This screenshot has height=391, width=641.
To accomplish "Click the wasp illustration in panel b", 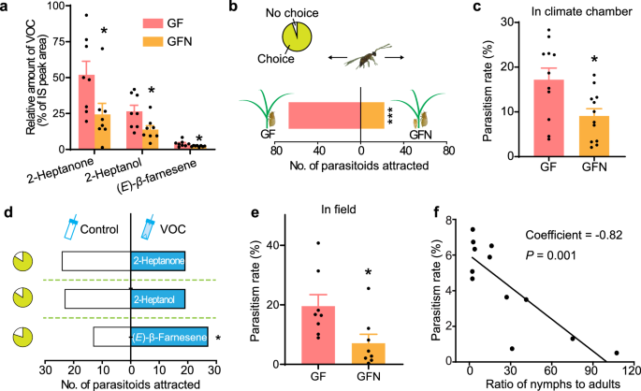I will click(359, 63).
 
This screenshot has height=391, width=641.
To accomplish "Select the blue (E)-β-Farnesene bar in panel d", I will click(169, 336).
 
